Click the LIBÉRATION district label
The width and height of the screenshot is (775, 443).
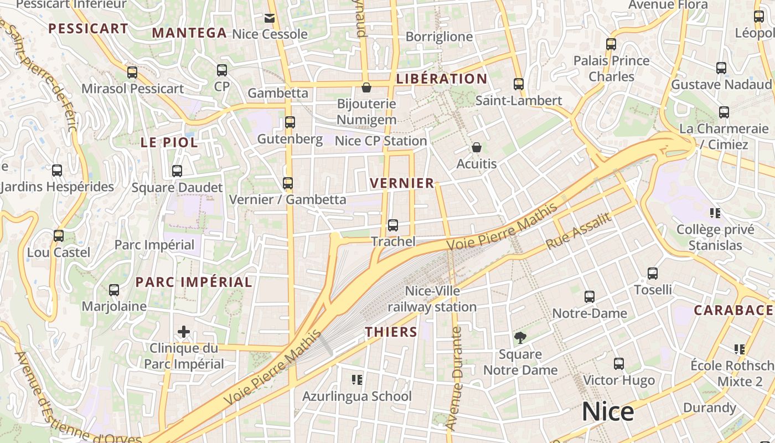pyautogui.click(x=441, y=79)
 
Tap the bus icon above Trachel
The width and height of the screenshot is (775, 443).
pyautogui.click(x=393, y=225)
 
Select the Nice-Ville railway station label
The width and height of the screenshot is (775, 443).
pyautogui.click(x=432, y=299)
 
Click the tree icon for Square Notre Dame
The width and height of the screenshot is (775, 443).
pyautogui.click(x=520, y=337)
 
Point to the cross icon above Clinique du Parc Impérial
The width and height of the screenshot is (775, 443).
pyautogui.click(x=184, y=332)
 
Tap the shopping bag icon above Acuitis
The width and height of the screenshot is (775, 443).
pyautogui.click(x=476, y=147)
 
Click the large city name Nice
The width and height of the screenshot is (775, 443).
pyautogui.click(x=608, y=412)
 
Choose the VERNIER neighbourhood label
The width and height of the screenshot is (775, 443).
pyautogui.click(x=402, y=183)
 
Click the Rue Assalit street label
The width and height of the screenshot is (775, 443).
pyautogui.click(x=578, y=230)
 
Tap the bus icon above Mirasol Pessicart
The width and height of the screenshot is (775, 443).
pyautogui.click(x=132, y=72)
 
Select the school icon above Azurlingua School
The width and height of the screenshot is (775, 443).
pyautogui.click(x=357, y=379)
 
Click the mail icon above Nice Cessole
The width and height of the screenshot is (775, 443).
pyautogui.click(x=270, y=18)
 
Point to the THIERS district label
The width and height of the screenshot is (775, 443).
pyautogui.click(x=391, y=332)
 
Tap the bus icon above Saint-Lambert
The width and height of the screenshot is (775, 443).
pyautogui.click(x=519, y=84)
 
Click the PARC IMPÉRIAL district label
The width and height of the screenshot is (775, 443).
pyautogui.click(x=194, y=282)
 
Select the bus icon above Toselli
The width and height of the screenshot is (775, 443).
pyautogui.click(x=653, y=273)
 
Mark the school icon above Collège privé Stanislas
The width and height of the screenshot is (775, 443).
pyautogui.click(x=715, y=213)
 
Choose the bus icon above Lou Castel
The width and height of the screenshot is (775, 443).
pyautogui.click(x=59, y=236)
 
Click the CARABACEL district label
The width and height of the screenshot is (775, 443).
pyautogui.click(x=733, y=310)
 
